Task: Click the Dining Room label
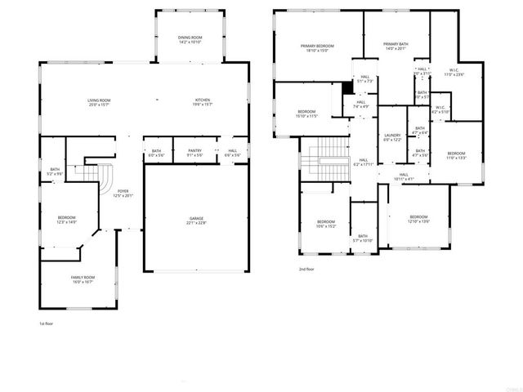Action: (x=190, y=38)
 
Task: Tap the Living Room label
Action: (x=100, y=100)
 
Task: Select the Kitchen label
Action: (x=202, y=100)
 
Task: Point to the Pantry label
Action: (x=194, y=150)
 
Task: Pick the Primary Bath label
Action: (x=395, y=46)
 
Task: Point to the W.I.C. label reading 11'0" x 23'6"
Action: (x=453, y=70)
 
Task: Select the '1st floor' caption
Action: (x=47, y=323)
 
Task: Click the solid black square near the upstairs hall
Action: (x=347, y=87)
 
